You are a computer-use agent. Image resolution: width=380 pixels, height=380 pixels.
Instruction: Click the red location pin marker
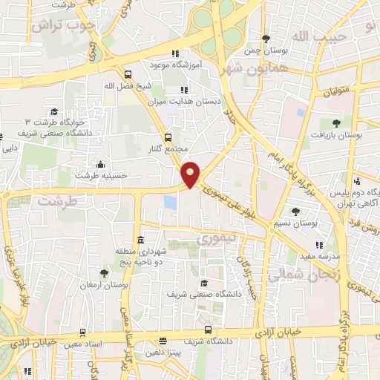191,174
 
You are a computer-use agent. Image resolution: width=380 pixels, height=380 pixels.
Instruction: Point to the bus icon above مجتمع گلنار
168,137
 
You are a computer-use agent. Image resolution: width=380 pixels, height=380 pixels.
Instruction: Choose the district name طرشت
57,201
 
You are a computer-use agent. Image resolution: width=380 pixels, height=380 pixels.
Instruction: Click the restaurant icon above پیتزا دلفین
163,341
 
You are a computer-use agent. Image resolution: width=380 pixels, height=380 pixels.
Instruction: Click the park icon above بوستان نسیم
295,212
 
